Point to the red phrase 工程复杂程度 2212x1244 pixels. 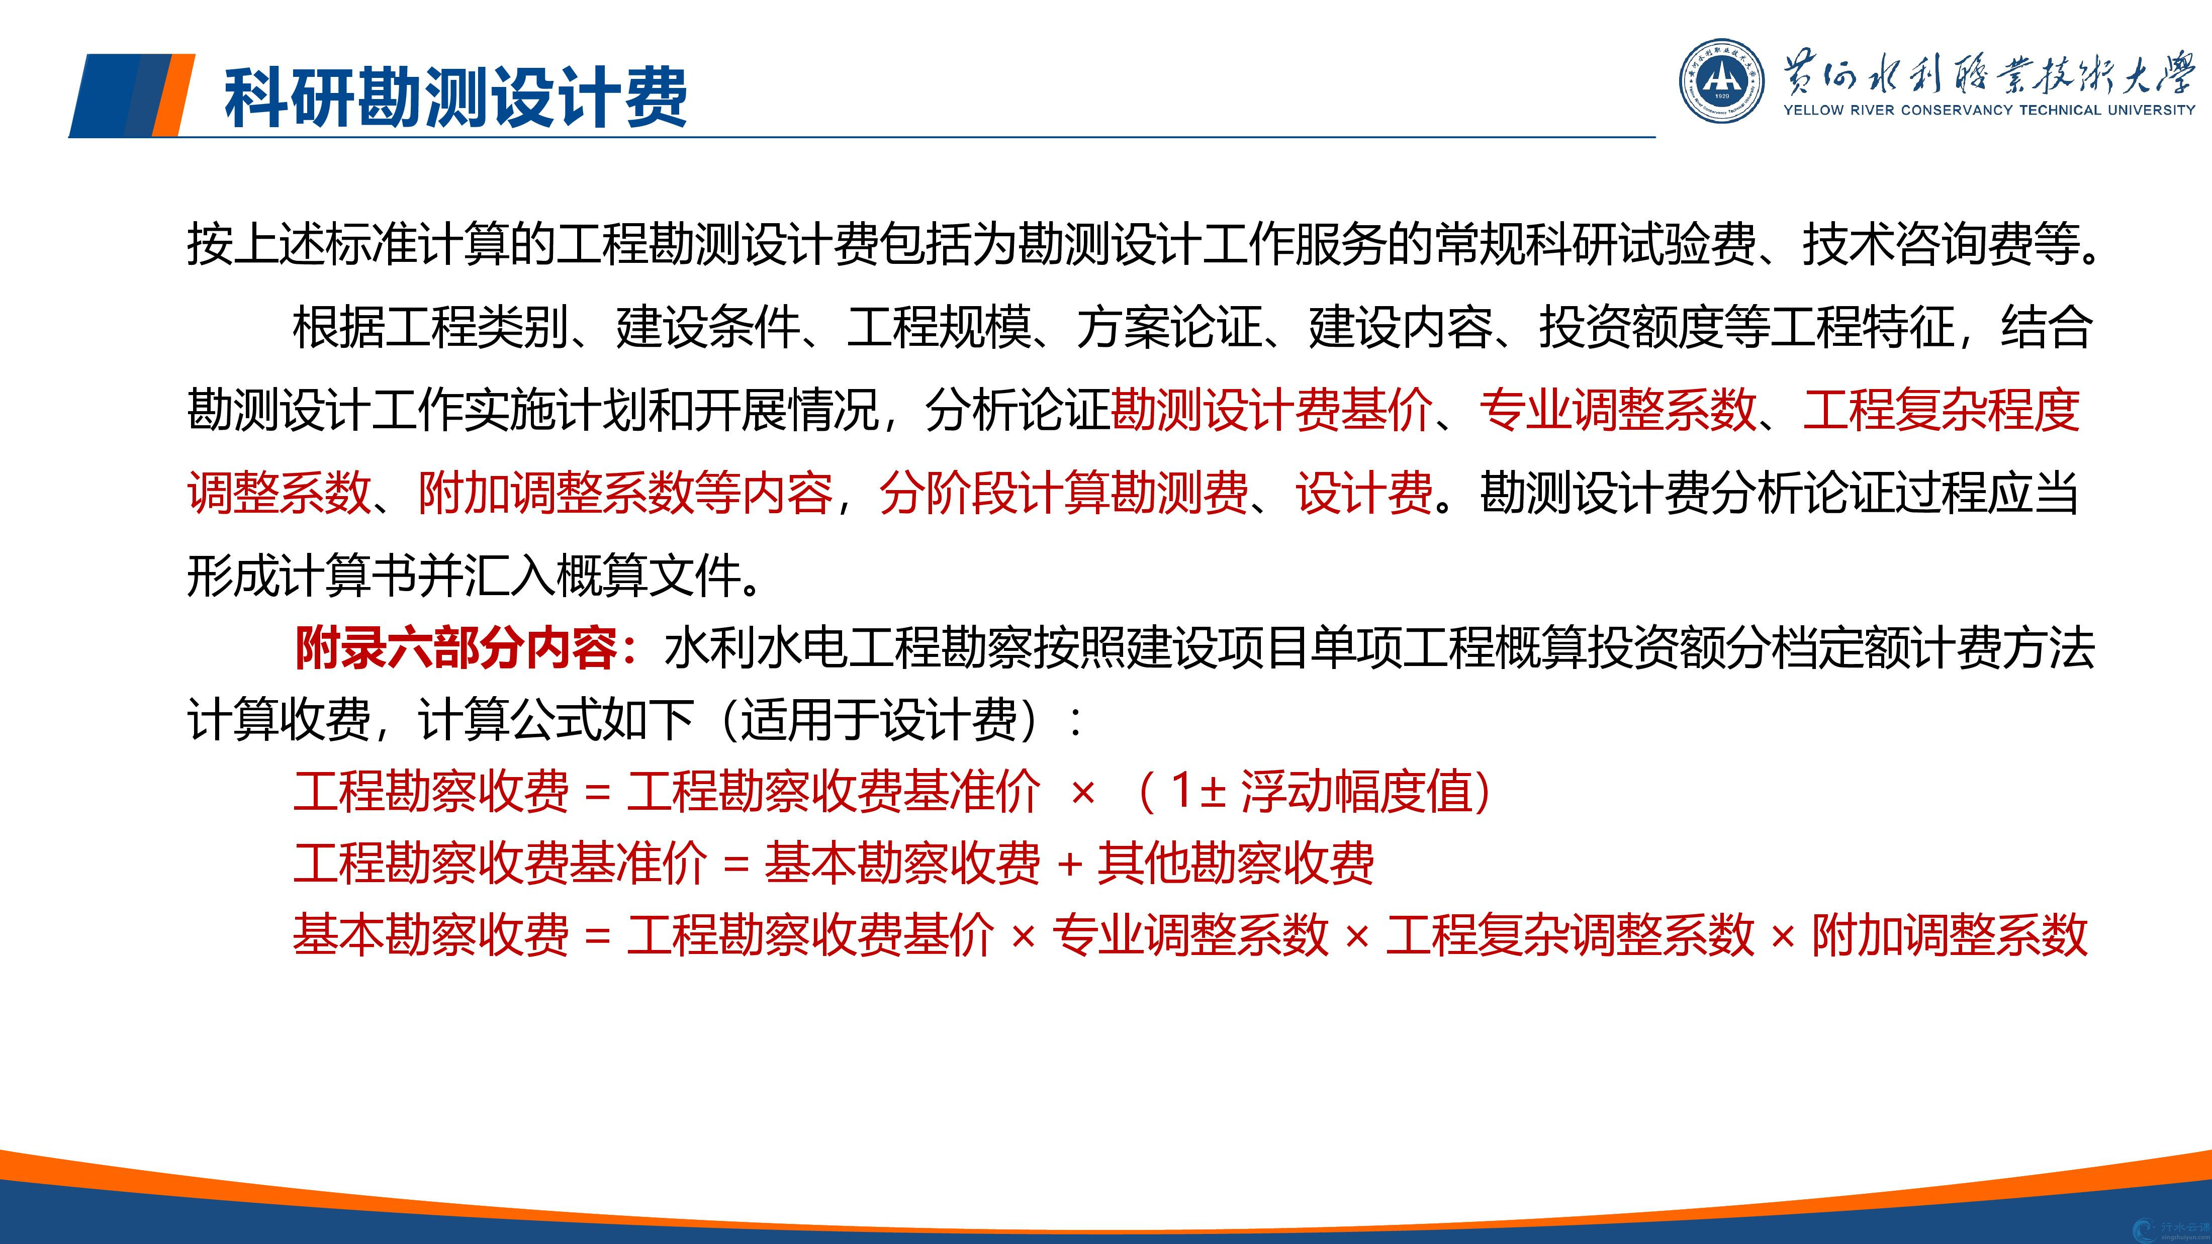click(x=1941, y=410)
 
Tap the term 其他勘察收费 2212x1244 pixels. click(x=1236, y=863)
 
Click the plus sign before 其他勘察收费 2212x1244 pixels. click(x=1069, y=864)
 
